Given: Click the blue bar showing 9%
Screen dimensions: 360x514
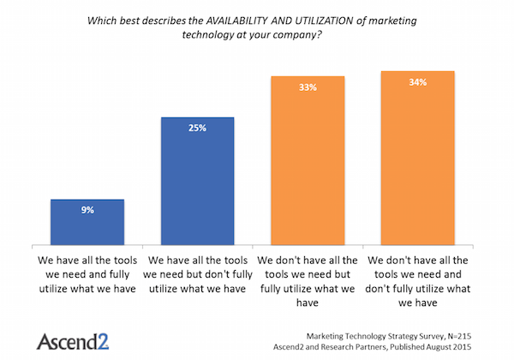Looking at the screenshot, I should tap(87, 224).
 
